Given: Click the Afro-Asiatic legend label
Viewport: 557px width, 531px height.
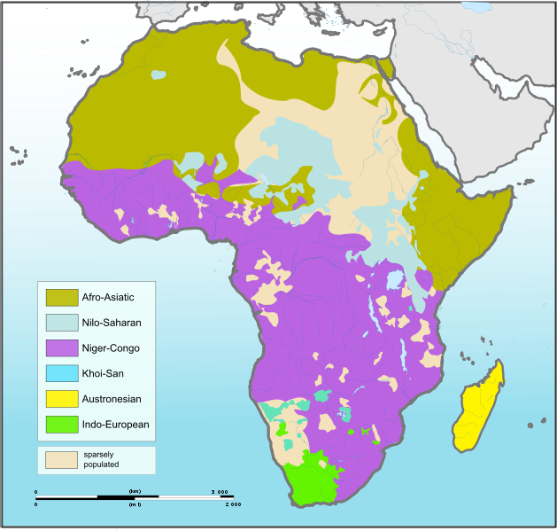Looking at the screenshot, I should point(107,297).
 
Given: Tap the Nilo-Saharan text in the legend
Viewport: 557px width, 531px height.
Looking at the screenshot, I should point(111,323).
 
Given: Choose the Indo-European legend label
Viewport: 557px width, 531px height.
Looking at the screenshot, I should point(115,425).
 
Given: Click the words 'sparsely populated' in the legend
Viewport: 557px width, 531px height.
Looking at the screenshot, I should point(102,459).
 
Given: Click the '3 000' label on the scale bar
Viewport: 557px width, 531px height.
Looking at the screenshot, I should point(219,490).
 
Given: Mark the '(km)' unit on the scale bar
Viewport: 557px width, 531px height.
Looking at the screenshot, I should point(135,490).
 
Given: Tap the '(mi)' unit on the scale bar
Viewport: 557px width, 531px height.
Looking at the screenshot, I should point(135,504).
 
